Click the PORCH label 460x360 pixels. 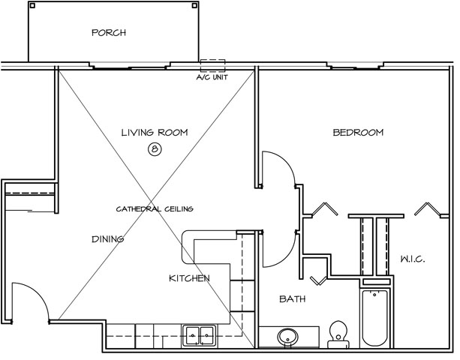coord(109,32)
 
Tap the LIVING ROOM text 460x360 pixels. coord(155,133)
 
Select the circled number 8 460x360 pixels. coord(155,149)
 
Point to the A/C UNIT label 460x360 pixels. coord(212,77)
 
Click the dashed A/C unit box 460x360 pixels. coord(212,66)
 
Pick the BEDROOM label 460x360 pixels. coord(358,133)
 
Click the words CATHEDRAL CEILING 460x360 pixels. coord(155,209)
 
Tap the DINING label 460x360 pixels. coord(107,239)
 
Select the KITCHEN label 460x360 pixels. coord(189,278)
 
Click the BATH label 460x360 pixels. coord(293,299)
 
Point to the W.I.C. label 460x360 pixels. coord(413,259)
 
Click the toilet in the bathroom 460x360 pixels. coord(338,334)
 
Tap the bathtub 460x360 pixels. coord(374,318)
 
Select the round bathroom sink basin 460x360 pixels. coord(288,337)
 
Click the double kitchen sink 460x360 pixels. coord(200,335)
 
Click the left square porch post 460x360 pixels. coord(32,5)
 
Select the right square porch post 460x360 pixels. coord(194,5)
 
